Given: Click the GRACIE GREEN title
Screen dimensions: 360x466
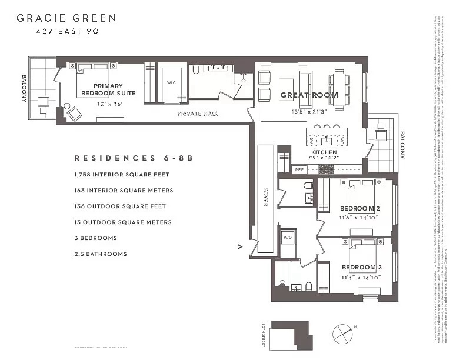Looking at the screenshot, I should click(x=66, y=18).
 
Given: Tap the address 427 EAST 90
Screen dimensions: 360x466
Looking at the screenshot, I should click(x=66, y=31).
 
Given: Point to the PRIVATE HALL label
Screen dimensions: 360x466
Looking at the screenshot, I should click(x=198, y=114).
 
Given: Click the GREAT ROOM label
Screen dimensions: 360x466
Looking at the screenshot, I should click(x=309, y=95).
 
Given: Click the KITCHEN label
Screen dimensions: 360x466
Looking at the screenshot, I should click(x=324, y=152).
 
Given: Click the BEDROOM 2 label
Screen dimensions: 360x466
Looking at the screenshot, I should click(x=360, y=209).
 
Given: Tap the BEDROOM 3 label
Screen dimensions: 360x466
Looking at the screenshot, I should click(x=362, y=268).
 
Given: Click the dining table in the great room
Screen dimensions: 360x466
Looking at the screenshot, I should click(x=339, y=89).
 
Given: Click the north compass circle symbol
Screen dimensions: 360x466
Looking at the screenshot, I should click(x=342, y=334).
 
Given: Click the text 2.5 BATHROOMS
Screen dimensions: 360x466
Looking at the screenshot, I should click(x=101, y=254).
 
